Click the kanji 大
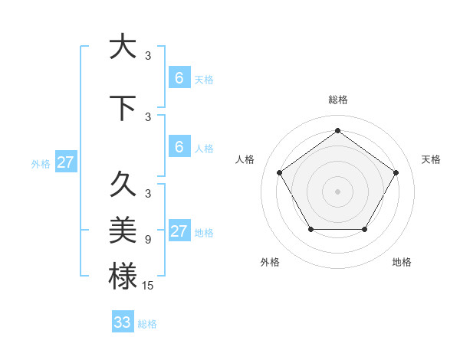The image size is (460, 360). [123, 47]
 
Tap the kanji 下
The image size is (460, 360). [123, 109]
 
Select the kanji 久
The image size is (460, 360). [123, 185]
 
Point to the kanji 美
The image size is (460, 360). [123, 229]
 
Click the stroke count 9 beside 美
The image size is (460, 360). [148, 240]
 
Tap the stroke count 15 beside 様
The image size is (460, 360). [148, 285]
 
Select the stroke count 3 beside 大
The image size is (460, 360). [148, 55]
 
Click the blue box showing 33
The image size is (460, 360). [123, 322]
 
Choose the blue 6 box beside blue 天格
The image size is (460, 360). [179, 77]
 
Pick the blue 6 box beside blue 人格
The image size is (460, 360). [179, 146]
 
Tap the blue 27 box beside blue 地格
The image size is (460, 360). [179, 231]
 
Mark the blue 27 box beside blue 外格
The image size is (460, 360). [66, 162]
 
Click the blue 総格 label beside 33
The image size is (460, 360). [148, 324]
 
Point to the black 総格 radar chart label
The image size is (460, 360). [337, 100]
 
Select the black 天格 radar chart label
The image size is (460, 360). [432, 159]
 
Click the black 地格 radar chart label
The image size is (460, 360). [402, 262]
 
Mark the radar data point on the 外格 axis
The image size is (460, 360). [310, 229]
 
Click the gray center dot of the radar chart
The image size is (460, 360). [337, 191]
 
